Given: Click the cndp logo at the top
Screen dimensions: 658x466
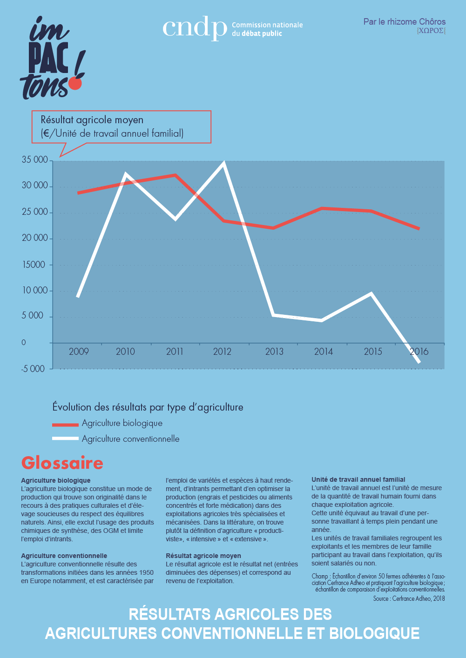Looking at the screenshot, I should click(194, 29).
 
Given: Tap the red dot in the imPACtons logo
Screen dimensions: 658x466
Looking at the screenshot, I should click(75, 83).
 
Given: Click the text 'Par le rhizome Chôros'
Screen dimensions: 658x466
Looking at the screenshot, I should click(404, 22).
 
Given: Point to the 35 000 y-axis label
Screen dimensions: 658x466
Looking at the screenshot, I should click(35, 160).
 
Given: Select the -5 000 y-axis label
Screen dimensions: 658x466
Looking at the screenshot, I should click(33, 369).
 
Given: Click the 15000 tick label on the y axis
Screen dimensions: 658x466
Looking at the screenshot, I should click(34, 265).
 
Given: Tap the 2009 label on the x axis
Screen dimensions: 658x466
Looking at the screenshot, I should click(79, 352).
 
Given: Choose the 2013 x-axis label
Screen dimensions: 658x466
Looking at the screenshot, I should click(274, 352).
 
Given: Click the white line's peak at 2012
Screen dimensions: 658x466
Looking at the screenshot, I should click(224, 163).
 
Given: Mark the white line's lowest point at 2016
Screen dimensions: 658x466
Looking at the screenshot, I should click(419, 362).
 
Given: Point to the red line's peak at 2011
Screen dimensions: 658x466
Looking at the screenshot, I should click(175, 175).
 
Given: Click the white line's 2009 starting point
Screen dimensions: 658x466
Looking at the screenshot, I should click(78, 296).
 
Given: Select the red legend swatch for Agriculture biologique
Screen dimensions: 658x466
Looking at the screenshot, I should click(65, 425).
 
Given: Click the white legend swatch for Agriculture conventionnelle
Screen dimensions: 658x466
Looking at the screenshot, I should click(65, 439).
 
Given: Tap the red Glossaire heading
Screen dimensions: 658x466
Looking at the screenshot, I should click(62, 463).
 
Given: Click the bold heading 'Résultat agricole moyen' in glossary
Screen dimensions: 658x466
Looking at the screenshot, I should click(203, 556).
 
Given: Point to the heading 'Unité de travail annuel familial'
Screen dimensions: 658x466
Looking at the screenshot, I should click(358, 479).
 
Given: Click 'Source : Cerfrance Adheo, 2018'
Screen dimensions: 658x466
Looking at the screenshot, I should click(409, 598).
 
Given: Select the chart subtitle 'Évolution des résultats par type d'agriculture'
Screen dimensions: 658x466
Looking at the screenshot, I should click(148, 407).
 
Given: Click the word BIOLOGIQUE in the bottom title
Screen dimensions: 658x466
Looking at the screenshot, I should click(374, 633).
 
